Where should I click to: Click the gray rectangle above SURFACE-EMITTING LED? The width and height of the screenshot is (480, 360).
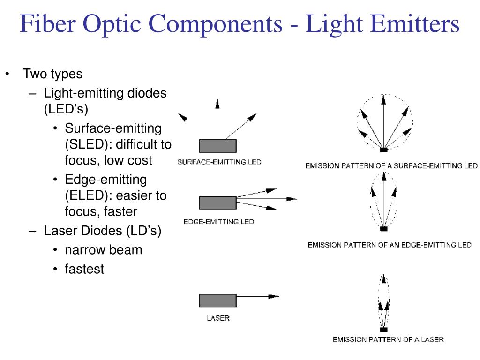(x=217, y=146)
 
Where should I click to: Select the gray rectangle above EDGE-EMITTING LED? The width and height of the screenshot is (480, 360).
(x=217, y=203)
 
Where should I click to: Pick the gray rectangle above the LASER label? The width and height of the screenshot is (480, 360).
(x=217, y=300)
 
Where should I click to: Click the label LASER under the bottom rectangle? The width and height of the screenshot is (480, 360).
(x=218, y=318)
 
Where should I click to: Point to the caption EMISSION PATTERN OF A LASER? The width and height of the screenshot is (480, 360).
(x=388, y=339)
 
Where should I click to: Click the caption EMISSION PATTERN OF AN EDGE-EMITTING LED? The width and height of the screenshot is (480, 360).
(x=390, y=245)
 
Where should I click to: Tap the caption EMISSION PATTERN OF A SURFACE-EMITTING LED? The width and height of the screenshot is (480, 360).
(x=391, y=165)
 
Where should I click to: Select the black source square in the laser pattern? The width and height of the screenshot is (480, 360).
(x=384, y=329)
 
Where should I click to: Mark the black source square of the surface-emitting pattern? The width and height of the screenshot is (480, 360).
(x=384, y=150)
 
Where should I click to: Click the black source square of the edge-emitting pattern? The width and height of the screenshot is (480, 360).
(x=384, y=229)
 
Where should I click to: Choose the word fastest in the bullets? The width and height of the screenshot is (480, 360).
(x=84, y=269)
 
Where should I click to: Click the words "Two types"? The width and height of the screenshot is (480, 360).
(x=52, y=74)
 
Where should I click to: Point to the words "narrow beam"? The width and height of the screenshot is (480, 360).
(x=103, y=250)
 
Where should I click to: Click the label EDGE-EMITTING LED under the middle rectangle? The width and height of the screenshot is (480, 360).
(x=218, y=222)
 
